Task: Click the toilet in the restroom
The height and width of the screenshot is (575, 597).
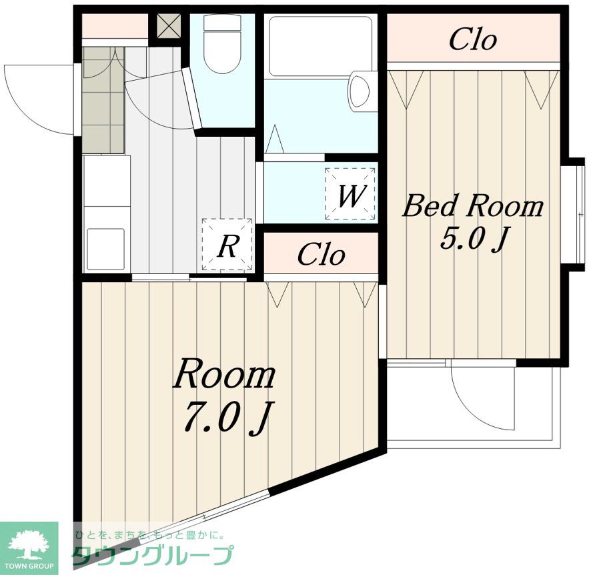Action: point(222,44)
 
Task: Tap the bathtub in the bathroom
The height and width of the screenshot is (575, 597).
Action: point(320,46)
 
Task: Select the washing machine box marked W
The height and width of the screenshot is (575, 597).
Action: point(350,194)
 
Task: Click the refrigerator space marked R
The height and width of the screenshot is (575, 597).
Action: point(227,244)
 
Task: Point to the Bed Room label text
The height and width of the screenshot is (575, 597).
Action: point(473,205)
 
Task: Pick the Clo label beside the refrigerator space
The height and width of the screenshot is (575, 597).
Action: point(321,254)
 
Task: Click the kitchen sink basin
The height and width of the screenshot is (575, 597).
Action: point(106,249)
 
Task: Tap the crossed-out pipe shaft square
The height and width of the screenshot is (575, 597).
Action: point(169,26)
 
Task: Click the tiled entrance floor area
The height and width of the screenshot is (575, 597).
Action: point(103,100)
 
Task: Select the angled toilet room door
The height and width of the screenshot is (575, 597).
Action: point(191,98)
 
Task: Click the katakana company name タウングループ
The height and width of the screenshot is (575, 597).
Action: point(152,555)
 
